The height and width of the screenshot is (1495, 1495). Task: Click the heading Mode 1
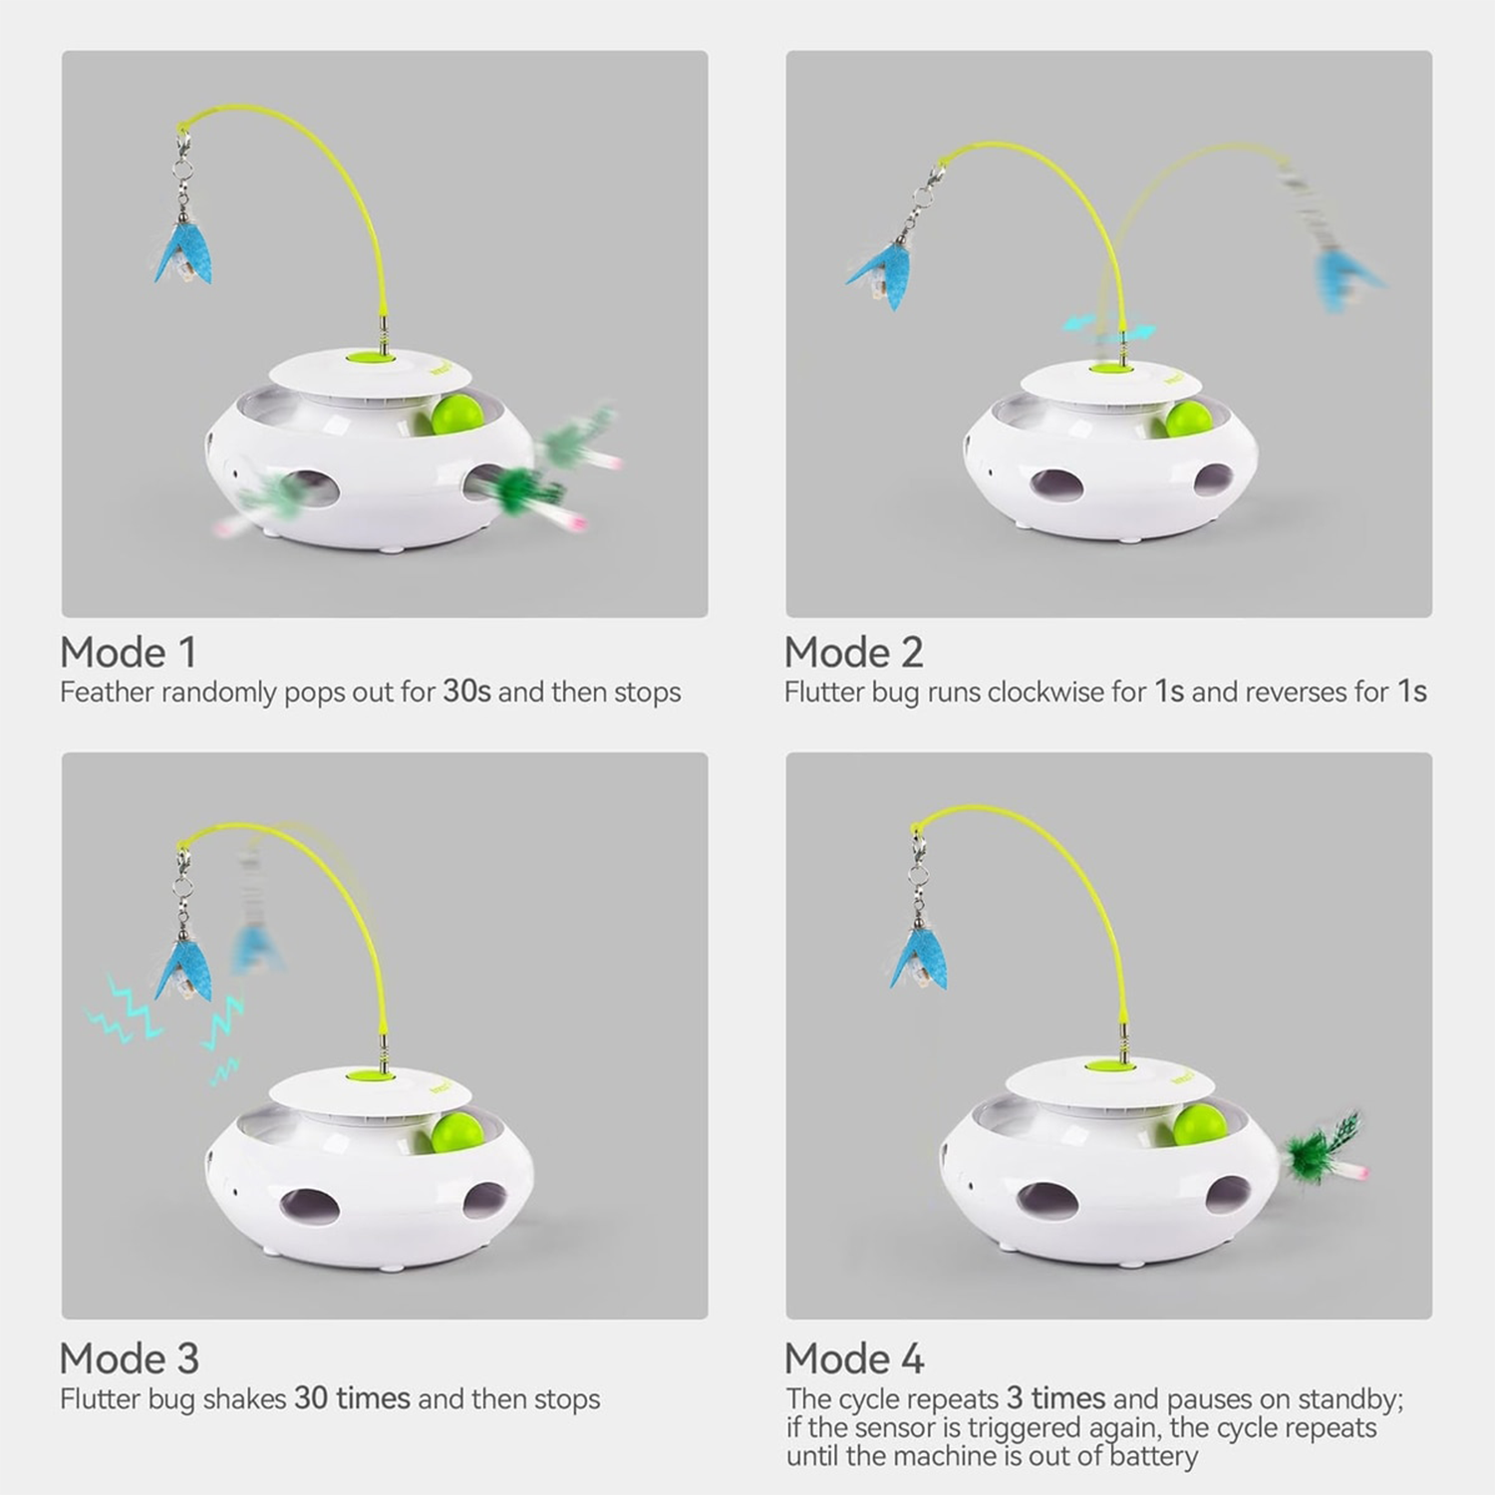128,653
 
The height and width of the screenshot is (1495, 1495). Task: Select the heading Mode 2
853,653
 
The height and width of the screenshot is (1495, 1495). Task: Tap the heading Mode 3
130,1358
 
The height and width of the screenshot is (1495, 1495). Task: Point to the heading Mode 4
854,1358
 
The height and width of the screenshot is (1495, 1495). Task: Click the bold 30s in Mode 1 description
466,692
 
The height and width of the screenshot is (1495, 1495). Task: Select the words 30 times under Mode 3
352,1398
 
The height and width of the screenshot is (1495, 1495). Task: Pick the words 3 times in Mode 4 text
1055,1398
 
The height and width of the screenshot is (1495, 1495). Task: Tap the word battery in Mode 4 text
1153,1456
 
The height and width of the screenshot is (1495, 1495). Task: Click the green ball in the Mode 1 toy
458,415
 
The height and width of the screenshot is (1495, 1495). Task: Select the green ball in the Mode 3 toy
457,1130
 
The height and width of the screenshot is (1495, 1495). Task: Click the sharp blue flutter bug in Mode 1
183,257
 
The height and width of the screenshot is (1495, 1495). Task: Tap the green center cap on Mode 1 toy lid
370,357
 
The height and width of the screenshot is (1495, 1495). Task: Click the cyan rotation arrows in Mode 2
1109,326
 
